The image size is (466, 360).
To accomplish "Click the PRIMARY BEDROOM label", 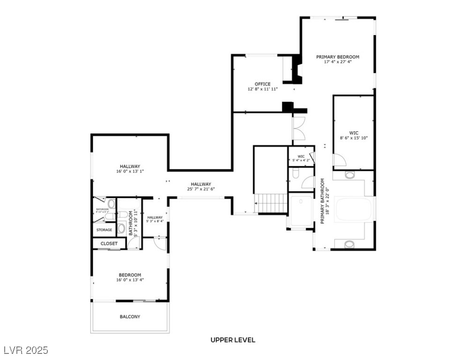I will [x=338, y=57].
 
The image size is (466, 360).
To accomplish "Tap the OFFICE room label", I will [x=263, y=84].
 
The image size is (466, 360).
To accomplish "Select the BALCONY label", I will [x=129, y=317].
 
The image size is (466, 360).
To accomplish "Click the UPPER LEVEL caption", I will [x=233, y=340].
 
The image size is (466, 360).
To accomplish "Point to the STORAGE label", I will [x=104, y=230].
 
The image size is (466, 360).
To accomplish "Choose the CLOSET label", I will [x=109, y=244].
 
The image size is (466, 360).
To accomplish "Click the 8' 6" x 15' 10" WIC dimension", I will [x=353, y=138].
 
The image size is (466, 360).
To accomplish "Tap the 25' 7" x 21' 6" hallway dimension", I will [x=200, y=189].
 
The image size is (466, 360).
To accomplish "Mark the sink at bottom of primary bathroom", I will [x=350, y=244].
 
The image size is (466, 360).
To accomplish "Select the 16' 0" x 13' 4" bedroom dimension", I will [x=129, y=280].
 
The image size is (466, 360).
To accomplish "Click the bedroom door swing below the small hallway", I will [x=160, y=243].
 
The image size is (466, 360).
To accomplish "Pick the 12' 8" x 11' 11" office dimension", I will [x=263, y=89].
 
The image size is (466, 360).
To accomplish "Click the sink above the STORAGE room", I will [x=111, y=203].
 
